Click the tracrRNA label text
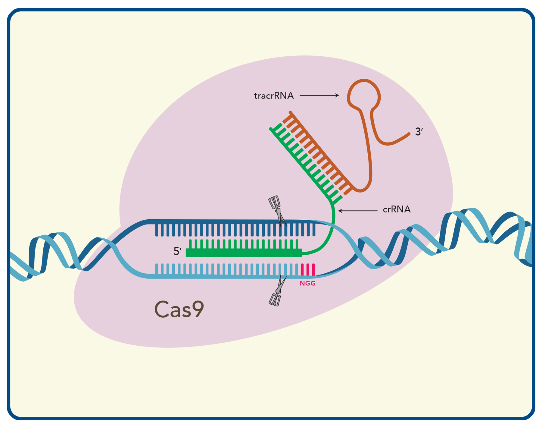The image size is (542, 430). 274,96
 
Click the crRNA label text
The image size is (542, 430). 397,209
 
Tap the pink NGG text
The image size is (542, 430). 307,283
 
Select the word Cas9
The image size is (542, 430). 179,309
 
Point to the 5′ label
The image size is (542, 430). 177,251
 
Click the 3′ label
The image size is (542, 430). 419,132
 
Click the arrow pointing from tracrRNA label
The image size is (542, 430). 319,95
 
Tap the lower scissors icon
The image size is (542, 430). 277,291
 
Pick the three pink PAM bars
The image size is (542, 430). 308,269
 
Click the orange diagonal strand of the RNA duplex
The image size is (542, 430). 322,151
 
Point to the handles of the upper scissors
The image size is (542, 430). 274,202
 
